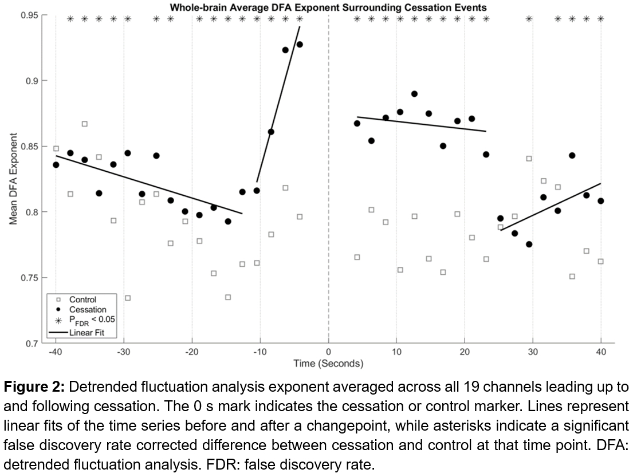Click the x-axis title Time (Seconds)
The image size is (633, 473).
[328, 363]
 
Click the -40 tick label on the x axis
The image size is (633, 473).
[56, 351]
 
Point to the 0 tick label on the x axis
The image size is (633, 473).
[328, 351]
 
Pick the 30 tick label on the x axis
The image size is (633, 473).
[533, 351]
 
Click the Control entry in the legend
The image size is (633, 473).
[82, 299]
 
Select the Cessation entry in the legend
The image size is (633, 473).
[87, 310]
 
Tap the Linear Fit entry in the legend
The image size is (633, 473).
[85, 332]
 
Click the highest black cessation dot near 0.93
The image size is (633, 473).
[300, 45]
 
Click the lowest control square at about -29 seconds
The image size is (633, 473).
[128, 298]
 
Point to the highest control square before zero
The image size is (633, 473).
[85, 124]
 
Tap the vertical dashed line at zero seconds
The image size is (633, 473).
[328, 172]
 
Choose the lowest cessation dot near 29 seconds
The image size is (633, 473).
[529, 244]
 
